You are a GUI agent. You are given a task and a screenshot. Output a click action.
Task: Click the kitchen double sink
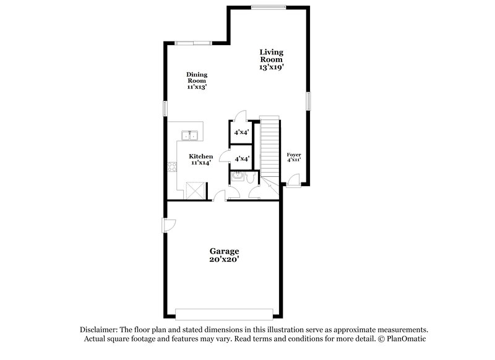[x=189, y=135]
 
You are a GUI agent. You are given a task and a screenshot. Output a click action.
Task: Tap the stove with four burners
[x=172, y=165]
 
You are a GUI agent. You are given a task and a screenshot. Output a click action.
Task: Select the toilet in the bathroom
[x=248, y=178]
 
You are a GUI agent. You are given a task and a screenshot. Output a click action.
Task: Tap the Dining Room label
[x=197, y=81]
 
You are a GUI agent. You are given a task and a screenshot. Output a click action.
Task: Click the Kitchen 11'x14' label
[x=201, y=160]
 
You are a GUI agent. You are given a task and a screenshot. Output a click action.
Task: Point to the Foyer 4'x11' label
[x=294, y=156]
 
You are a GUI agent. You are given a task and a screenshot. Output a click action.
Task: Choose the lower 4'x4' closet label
[x=241, y=159]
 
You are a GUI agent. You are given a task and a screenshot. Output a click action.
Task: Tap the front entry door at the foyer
[x=294, y=181]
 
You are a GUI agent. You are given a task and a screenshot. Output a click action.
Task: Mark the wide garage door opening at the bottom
[x=223, y=312]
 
